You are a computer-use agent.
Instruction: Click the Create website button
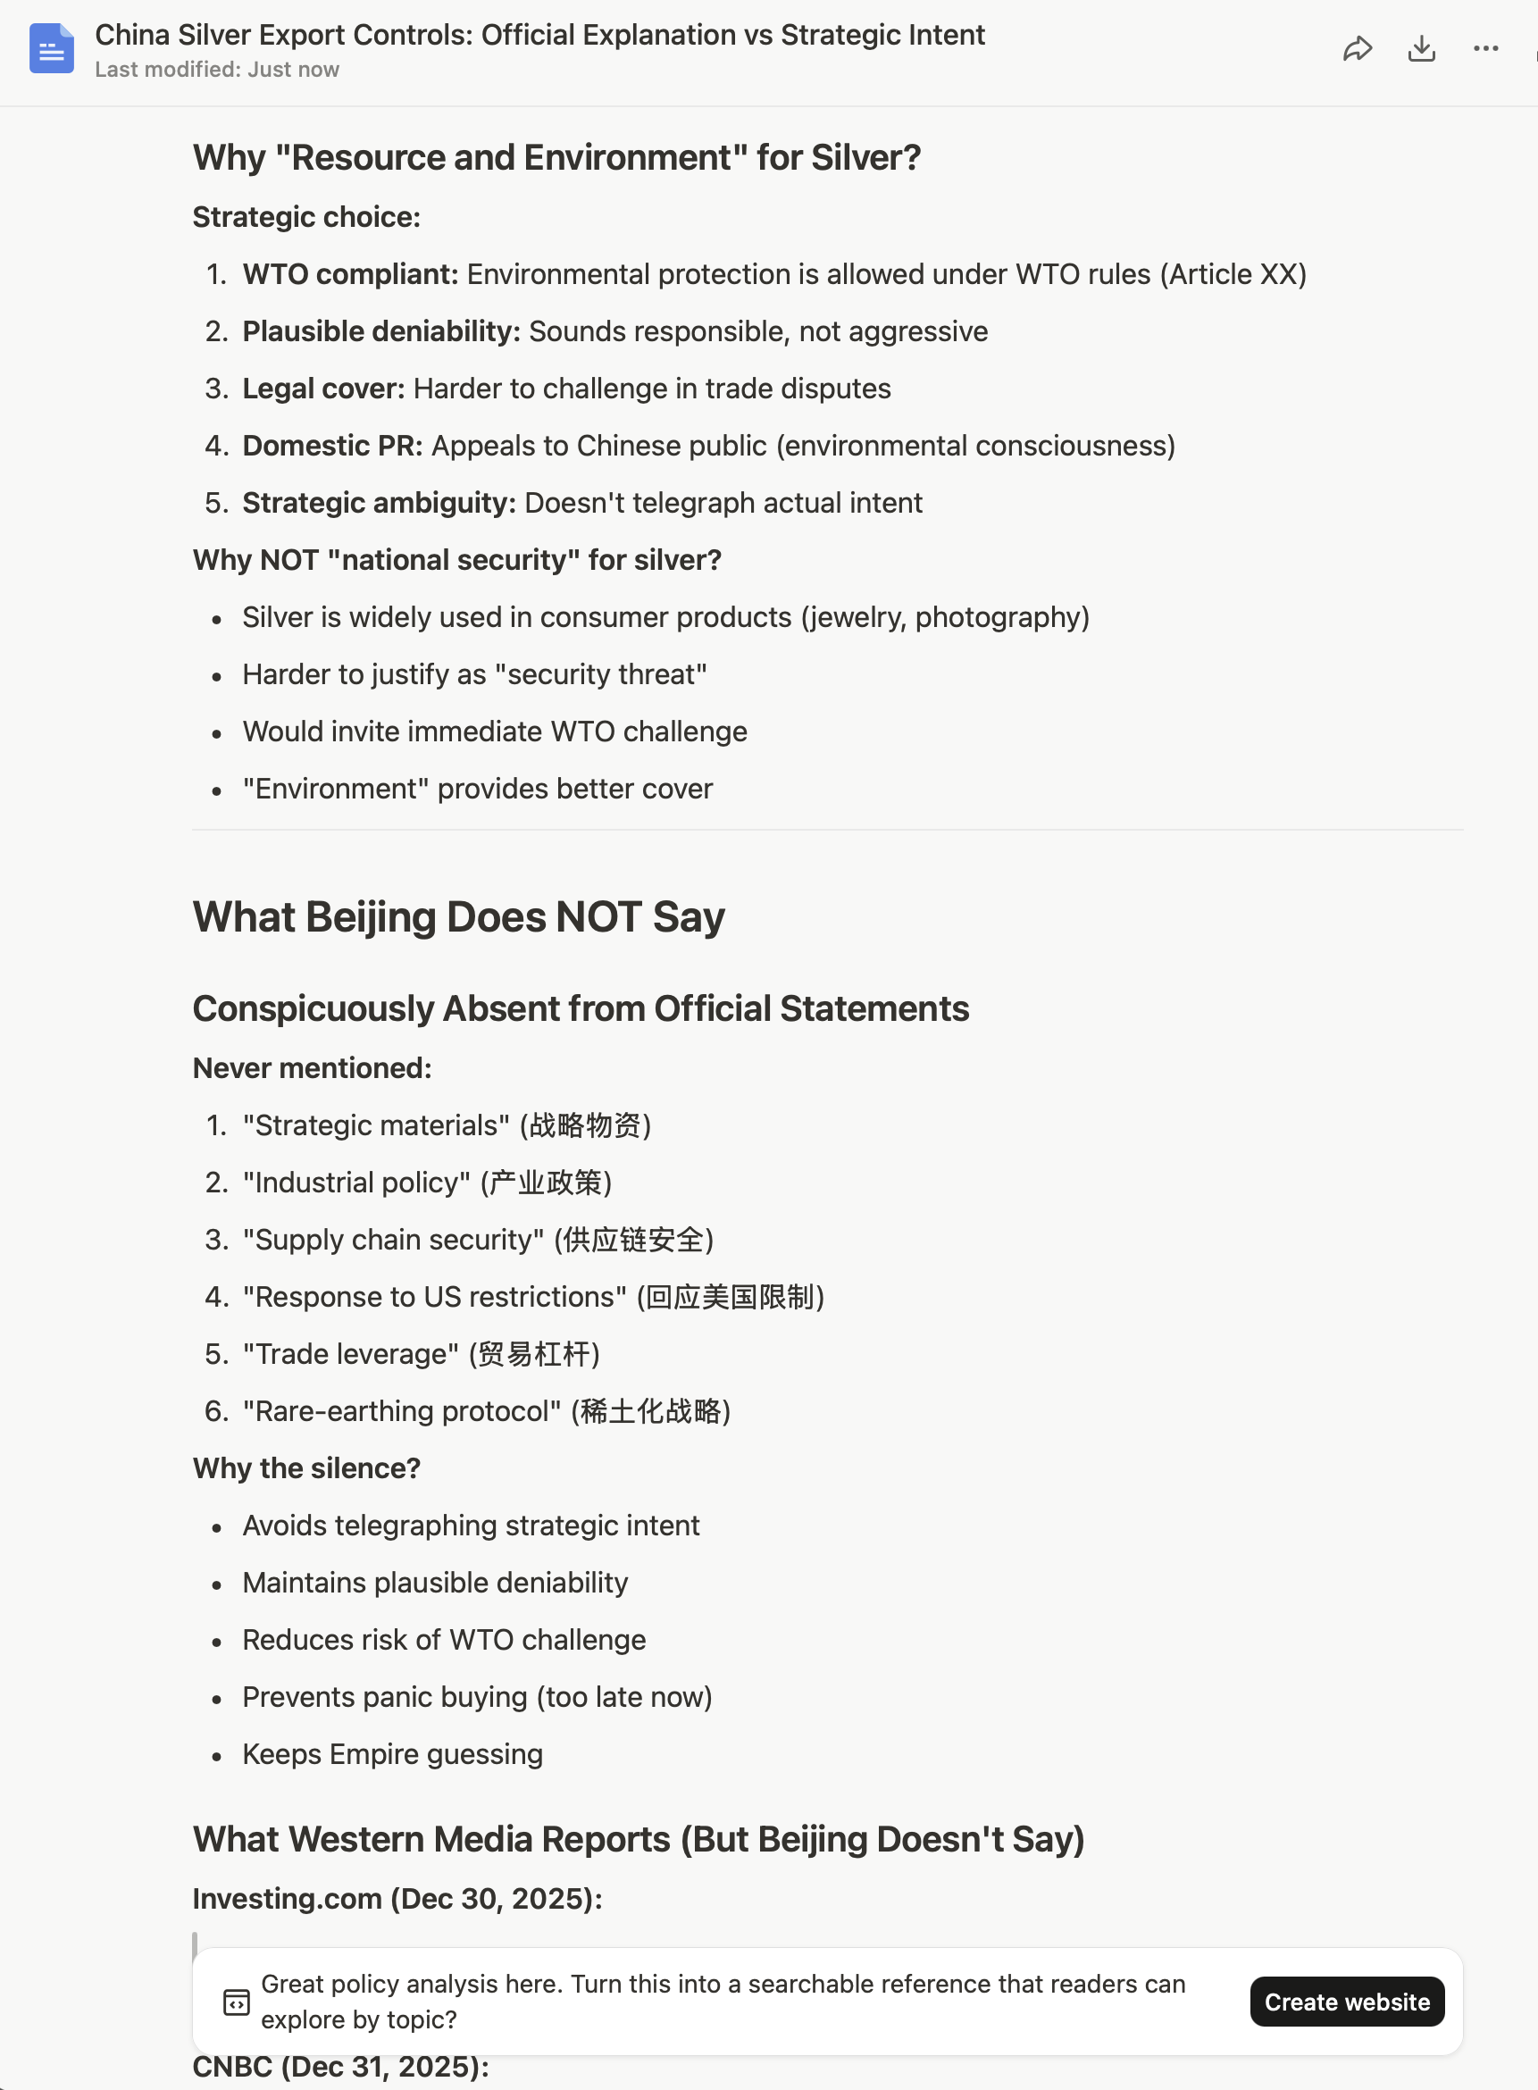1346,2001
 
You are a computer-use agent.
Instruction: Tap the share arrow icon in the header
1358,48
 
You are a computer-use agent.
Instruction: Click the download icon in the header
1421,48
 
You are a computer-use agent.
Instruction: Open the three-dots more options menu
1485,48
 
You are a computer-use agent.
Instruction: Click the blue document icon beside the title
51,48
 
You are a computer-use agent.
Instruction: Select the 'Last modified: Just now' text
217,70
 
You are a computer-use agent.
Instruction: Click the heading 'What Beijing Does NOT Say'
458,917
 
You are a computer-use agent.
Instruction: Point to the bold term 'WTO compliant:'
350,274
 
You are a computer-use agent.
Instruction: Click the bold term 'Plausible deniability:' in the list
380,331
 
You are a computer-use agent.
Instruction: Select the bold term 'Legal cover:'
323,389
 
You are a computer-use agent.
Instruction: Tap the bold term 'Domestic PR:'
332,446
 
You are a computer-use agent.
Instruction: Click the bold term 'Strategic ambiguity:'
379,503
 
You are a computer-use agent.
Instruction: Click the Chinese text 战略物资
585,1125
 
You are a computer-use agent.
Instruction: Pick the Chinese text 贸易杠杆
534,1354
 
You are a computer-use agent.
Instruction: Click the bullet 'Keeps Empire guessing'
392,1754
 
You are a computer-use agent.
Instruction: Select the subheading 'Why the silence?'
306,1468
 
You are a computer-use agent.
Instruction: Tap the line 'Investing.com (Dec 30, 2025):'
397,1898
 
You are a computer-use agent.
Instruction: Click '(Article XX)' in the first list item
1233,274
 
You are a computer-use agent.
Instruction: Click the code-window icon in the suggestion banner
237,2002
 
